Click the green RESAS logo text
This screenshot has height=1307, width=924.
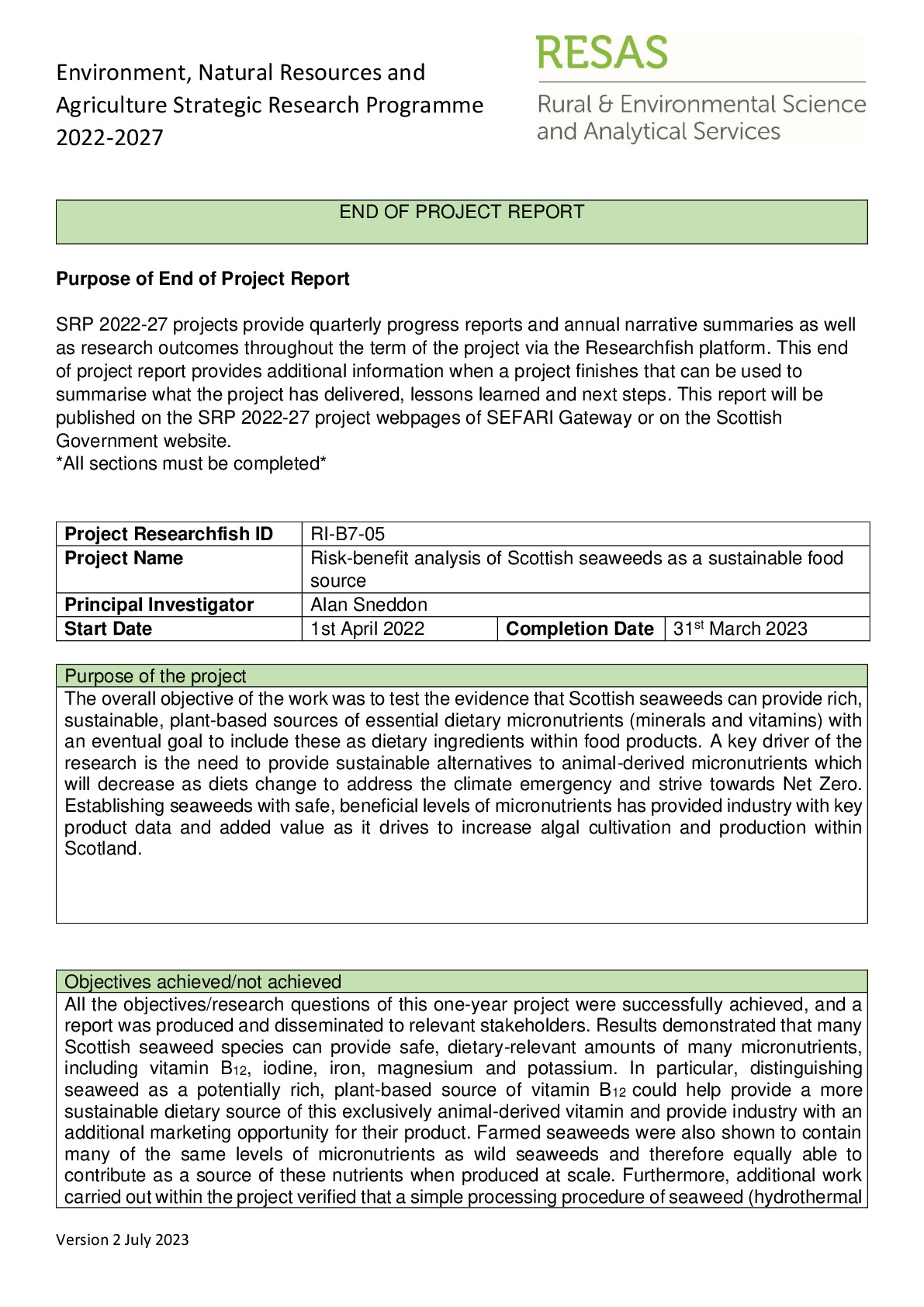point(601,53)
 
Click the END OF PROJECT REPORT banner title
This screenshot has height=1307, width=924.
point(462,212)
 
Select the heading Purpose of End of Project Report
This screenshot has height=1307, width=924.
point(202,279)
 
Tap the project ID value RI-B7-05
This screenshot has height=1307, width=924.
point(348,534)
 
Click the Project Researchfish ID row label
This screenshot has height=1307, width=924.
point(169,534)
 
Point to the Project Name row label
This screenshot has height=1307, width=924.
point(124,558)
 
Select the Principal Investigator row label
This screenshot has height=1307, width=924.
point(159,605)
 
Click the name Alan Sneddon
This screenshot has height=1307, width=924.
point(369,605)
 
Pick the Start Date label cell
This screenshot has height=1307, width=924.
point(108,629)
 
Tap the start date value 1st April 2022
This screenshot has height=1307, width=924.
point(368,629)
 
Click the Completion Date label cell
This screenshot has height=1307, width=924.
point(580,629)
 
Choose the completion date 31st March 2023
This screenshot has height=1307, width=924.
point(740,629)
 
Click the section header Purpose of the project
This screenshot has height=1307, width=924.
point(155,676)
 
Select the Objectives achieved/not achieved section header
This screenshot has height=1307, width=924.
point(202,982)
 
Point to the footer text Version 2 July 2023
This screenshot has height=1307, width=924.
point(123,1239)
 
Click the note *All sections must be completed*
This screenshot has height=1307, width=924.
point(191,464)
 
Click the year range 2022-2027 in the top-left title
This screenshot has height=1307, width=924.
point(110,137)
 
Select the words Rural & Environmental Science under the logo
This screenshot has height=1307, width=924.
point(701,104)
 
